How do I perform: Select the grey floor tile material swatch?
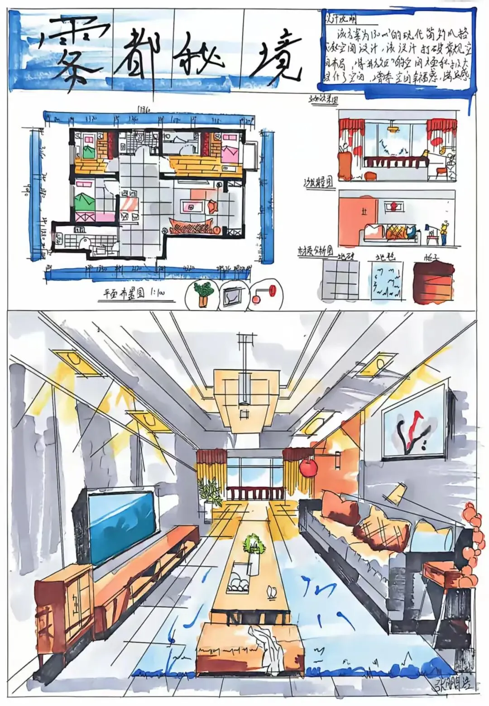click(x=340, y=280)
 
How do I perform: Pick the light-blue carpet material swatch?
click(x=386, y=281)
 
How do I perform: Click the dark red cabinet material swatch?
click(x=433, y=282)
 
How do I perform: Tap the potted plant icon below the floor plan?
click(x=202, y=294)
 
